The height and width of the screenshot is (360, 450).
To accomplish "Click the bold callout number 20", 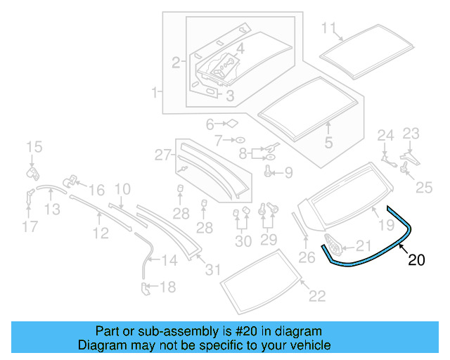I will (416, 260).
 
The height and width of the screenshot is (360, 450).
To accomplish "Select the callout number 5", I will (328, 143).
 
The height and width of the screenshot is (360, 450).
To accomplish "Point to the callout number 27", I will (163, 155).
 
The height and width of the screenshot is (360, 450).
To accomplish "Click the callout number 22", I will (317, 296).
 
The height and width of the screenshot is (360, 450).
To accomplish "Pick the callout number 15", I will (34, 147).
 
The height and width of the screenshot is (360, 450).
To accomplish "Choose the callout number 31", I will (212, 269).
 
